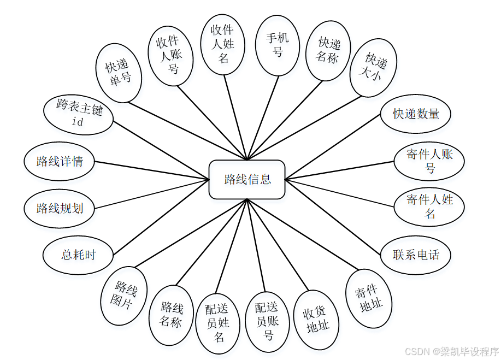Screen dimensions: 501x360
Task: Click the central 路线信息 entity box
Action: tap(247, 179)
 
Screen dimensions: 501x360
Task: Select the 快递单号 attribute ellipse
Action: tap(119, 73)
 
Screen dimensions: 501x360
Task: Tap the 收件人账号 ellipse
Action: tap(171, 56)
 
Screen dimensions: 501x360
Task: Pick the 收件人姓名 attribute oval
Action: tap(223, 43)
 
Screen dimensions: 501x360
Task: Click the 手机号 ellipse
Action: tap(278, 45)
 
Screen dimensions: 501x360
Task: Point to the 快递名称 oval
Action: tap(328, 50)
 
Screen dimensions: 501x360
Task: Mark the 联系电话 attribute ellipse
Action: tap(416, 254)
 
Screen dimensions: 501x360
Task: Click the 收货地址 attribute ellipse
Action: tap(316, 320)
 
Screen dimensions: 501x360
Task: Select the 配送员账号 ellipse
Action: tap(267, 321)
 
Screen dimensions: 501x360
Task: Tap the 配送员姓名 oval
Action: tap(217, 323)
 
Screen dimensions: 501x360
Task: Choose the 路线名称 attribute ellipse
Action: tap(171, 315)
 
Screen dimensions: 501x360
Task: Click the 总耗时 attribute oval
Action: tap(79, 255)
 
